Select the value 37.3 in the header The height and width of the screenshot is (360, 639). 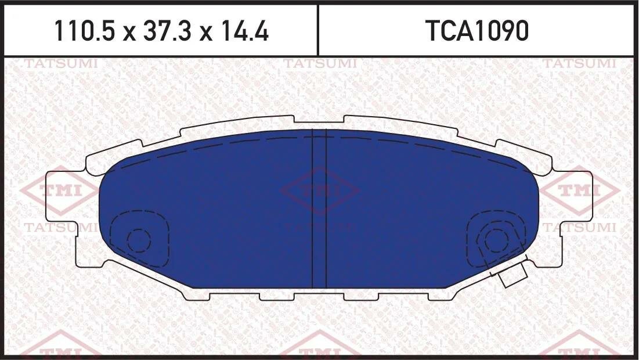[161, 32]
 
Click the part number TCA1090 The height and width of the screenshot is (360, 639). [478, 32]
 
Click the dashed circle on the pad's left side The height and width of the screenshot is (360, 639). [139, 239]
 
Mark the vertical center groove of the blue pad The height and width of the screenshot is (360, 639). [320, 209]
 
